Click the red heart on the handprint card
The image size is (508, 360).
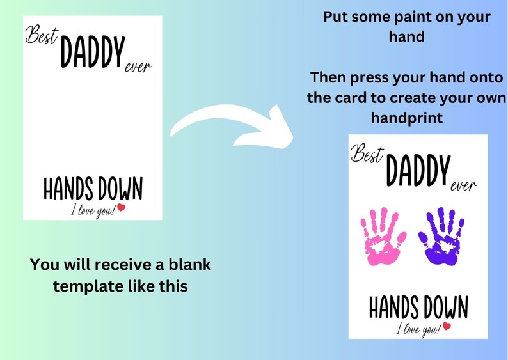point(447,326)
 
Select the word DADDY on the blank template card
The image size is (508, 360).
point(91,54)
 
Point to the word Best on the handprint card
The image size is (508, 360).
point(366,154)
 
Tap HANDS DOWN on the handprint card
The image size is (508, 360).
point(418,308)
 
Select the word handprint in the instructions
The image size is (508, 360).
point(406,119)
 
